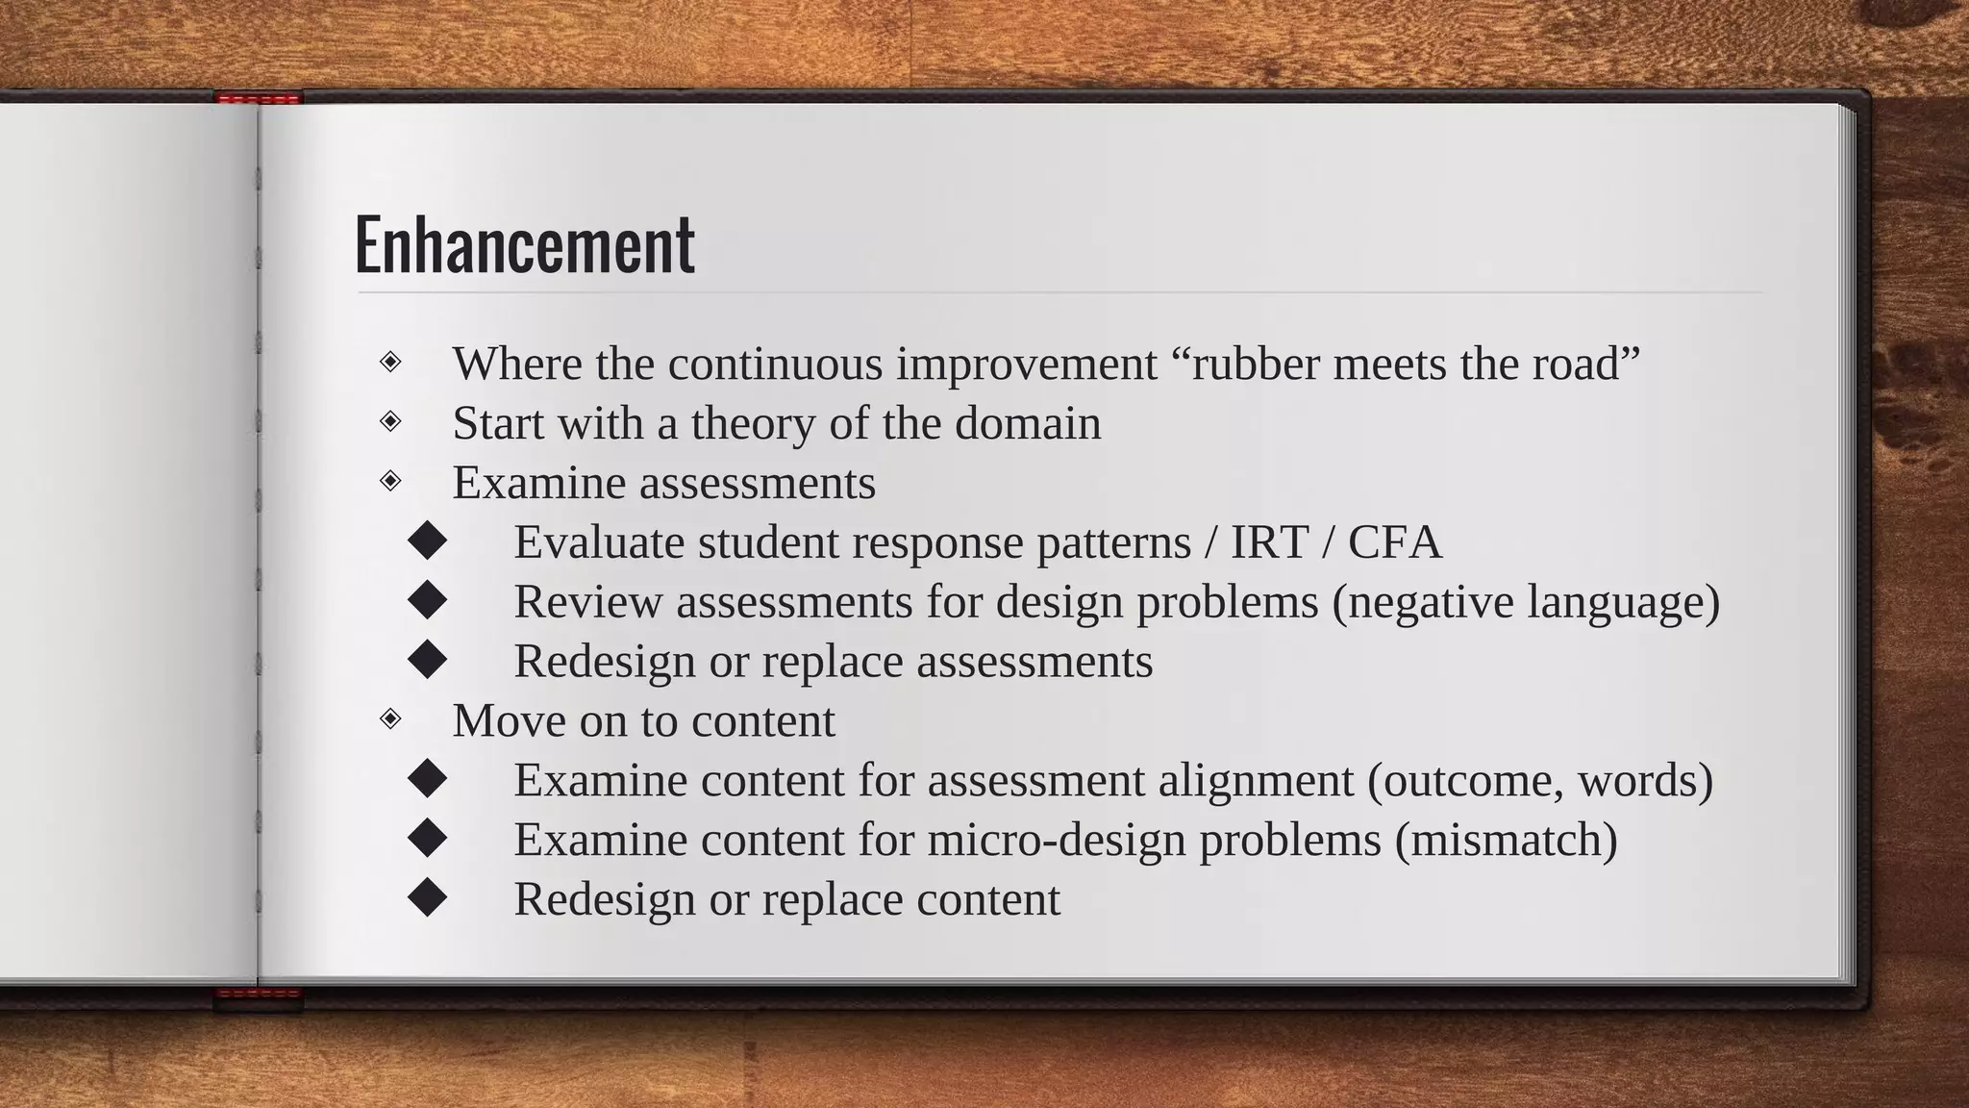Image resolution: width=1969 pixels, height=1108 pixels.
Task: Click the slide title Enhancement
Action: tap(524, 245)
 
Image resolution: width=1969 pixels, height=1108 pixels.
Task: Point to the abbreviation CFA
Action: tap(1394, 542)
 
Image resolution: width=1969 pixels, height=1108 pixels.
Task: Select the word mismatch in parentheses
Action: tap(1506, 841)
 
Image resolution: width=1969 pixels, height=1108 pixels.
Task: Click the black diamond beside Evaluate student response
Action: tap(427, 541)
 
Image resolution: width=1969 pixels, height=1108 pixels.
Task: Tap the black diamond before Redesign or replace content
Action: tap(427, 898)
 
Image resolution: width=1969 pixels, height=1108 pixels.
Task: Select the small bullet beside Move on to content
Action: tap(390, 718)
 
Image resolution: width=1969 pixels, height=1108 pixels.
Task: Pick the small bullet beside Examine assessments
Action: tap(390, 480)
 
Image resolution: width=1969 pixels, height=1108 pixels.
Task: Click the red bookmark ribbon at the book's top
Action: tap(259, 98)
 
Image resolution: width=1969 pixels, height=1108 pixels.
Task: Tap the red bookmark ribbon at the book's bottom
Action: tap(259, 996)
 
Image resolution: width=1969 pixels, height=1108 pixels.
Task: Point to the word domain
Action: tap(1028, 424)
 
